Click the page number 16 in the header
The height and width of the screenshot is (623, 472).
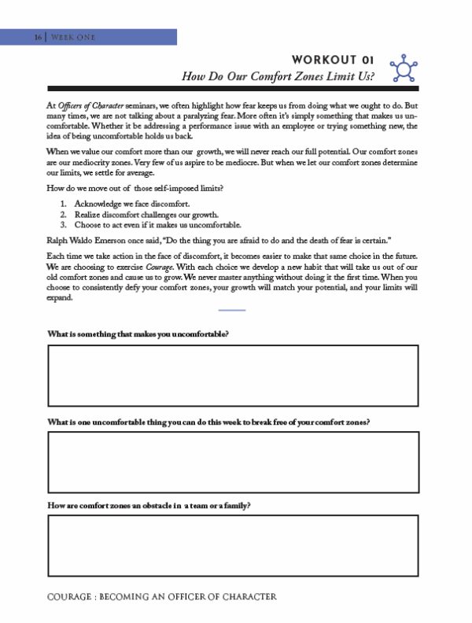(38, 37)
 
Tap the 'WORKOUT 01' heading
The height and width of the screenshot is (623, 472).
(331, 60)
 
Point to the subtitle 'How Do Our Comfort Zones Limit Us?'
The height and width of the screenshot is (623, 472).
(277, 76)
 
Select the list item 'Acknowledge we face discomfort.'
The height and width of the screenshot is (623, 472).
(131, 205)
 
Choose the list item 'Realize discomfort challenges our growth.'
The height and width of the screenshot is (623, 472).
(146, 214)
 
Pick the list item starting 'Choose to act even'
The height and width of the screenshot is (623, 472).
(157, 224)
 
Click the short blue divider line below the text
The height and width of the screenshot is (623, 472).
(232, 310)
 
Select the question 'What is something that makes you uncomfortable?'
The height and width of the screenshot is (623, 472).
(138, 334)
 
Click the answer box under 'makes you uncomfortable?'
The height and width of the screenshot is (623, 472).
(233, 375)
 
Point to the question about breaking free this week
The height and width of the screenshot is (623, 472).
(208, 422)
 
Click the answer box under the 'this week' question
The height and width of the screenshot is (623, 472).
(233, 462)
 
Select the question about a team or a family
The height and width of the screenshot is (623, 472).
(149, 505)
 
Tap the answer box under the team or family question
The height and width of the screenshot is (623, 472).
(233, 546)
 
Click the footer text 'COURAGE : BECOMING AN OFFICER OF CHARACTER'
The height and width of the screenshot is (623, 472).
(161, 597)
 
